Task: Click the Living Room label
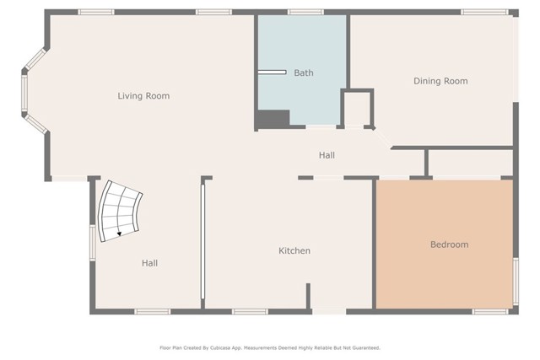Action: (143, 95)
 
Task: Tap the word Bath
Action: (304, 73)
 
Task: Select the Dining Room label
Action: (440, 81)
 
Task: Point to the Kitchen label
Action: (294, 250)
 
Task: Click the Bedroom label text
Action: (450, 244)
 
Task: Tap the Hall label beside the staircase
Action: (150, 263)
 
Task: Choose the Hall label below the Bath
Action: (327, 155)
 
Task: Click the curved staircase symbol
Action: (119, 212)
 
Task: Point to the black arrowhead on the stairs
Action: (119, 234)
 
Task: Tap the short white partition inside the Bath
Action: (272, 73)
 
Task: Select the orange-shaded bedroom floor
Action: (445, 244)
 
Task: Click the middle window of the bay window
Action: (24, 93)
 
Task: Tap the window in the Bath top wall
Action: (305, 13)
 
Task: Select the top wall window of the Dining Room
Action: (484, 13)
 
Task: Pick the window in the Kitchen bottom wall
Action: (250, 312)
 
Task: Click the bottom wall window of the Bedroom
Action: (489, 312)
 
